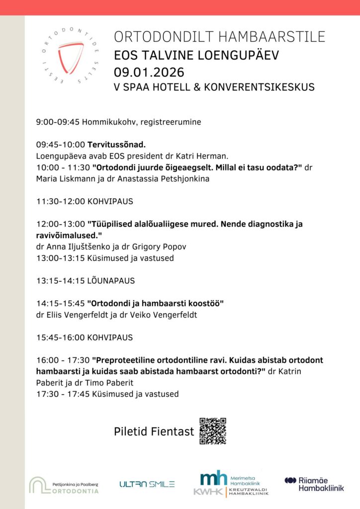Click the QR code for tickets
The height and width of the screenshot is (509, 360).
[x=212, y=430]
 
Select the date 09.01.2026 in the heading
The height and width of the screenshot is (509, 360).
[x=149, y=72]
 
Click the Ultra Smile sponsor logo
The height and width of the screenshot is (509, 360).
[x=147, y=484]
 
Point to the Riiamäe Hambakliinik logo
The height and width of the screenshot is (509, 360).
[x=314, y=484]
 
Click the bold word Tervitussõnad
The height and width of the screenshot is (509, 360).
[x=117, y=145]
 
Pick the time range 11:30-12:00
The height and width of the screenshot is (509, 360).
[x=60, y=202]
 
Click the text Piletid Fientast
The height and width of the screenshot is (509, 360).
[x=154, y=431]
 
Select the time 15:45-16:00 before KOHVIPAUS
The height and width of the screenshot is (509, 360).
[x=60, y=338]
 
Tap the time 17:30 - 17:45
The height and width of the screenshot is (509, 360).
[x=63, y=394]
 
